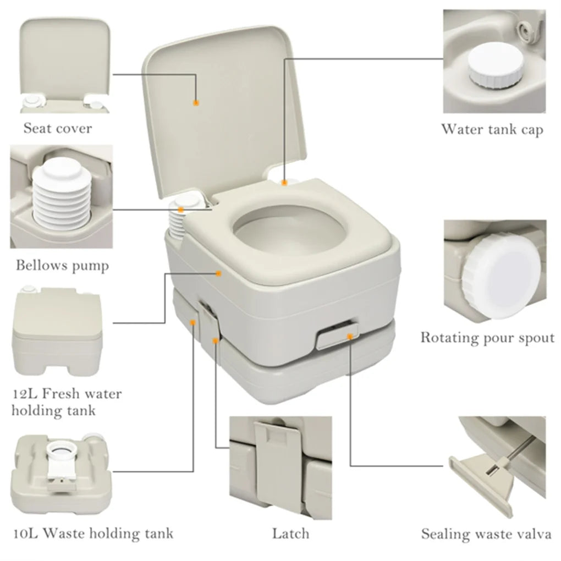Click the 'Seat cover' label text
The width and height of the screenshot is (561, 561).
57,129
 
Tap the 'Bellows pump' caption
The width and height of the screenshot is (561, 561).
62,266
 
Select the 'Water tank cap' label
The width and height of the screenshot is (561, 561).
492,129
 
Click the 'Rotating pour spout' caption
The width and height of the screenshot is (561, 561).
487,337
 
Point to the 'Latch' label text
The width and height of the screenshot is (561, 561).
290,533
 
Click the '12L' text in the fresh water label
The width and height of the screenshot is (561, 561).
24,394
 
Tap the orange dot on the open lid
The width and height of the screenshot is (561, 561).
195,102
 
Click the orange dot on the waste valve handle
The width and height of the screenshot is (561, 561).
349,334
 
